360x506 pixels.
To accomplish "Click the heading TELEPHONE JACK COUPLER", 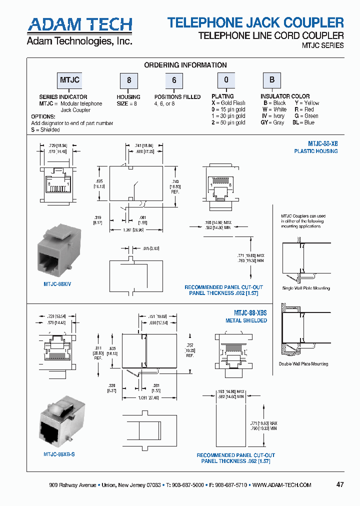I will click(255, 22).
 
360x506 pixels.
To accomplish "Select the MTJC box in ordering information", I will click(70, 80).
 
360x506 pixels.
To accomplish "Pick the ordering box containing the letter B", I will click(272, 80).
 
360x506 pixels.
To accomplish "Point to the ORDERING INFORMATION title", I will click(185, 65).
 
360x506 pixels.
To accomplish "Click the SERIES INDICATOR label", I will click(63, 97).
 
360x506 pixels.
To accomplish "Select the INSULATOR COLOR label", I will click(284, 96).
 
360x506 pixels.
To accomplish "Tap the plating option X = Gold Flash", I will click(228, 103).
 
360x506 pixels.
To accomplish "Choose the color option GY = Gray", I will click(272, 122).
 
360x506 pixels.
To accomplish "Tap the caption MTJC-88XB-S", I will click(59, 454).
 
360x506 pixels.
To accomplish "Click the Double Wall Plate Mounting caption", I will click(303, 364).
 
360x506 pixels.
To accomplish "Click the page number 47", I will click(340, 484).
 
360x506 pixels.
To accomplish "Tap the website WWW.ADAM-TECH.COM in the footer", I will click(281, 485).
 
